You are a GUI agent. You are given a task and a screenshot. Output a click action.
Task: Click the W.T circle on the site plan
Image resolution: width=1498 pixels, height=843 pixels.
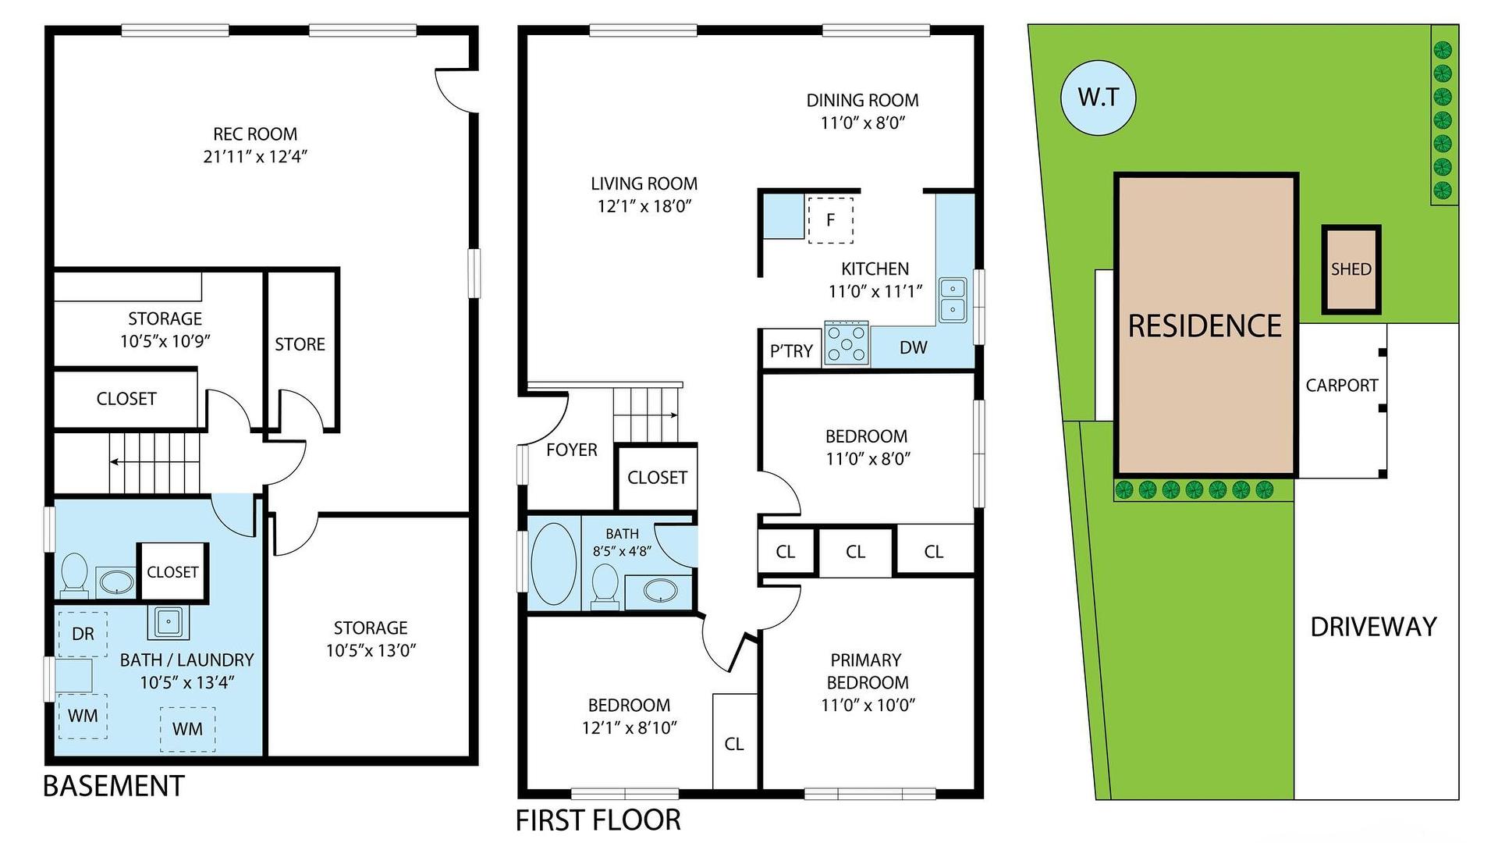coord(1098,98)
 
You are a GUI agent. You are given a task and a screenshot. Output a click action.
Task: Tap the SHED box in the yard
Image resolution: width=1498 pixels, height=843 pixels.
coord(1351,269)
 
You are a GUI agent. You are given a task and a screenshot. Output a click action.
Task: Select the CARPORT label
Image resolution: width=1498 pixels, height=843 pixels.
coord(1341,385)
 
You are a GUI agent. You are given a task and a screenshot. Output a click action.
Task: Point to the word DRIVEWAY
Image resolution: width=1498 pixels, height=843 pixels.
coord(1373,627)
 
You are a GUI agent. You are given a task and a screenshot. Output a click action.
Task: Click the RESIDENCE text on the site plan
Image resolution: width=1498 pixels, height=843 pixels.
coord(1205,325)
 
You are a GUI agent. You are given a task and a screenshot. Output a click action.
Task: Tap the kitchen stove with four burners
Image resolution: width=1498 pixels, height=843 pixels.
coord(847,343)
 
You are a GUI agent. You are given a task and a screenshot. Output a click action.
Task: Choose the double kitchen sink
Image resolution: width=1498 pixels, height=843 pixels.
coord(952,300)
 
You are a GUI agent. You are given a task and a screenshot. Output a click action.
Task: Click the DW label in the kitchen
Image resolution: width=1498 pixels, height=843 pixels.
coord(913,348)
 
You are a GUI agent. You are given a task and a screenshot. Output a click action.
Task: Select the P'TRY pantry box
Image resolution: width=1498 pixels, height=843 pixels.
coord(791,350)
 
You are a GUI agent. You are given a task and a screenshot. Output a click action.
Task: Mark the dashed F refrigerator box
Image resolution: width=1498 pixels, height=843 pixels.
coord(830,220)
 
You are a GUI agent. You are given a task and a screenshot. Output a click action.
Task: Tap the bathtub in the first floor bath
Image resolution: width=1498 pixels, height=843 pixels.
coord(553,564)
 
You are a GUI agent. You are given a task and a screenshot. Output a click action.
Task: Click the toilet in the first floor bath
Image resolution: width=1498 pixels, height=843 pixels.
coord(605,586)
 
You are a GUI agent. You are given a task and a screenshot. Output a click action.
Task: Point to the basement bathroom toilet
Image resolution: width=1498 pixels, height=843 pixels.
coord(75,575)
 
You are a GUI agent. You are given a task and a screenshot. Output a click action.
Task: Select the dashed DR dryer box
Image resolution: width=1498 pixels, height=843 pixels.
coord(82,634)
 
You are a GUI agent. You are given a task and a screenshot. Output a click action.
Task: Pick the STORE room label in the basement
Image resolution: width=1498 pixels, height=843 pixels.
coord(300,344)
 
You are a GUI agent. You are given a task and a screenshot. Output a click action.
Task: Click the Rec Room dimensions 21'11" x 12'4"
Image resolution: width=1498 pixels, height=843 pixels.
coord(255,156)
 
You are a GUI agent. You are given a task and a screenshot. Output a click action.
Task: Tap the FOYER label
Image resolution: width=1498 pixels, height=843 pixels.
coord(571,450)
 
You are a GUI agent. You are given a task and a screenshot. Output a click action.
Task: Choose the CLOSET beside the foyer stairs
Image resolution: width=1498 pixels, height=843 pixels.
coord(657,477)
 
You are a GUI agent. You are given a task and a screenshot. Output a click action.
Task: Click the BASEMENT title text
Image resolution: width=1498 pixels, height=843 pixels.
coord(114,786)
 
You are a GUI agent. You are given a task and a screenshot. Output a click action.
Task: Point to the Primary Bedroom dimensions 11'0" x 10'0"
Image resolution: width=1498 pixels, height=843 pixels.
coord(868,705)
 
